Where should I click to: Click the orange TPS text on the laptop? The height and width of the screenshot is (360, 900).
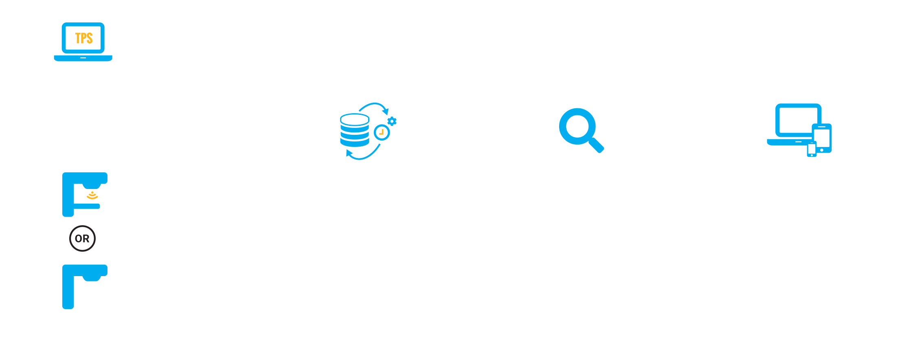pos(84,38)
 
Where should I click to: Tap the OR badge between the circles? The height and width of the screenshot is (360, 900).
pos(82,239)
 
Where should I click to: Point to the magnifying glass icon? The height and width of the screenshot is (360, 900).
pos(580,130)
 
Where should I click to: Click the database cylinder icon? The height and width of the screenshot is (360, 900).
pos(354,130)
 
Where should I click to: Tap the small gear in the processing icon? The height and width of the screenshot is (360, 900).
pos(392,121)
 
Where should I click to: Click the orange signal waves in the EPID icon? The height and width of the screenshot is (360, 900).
pos(92,196)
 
